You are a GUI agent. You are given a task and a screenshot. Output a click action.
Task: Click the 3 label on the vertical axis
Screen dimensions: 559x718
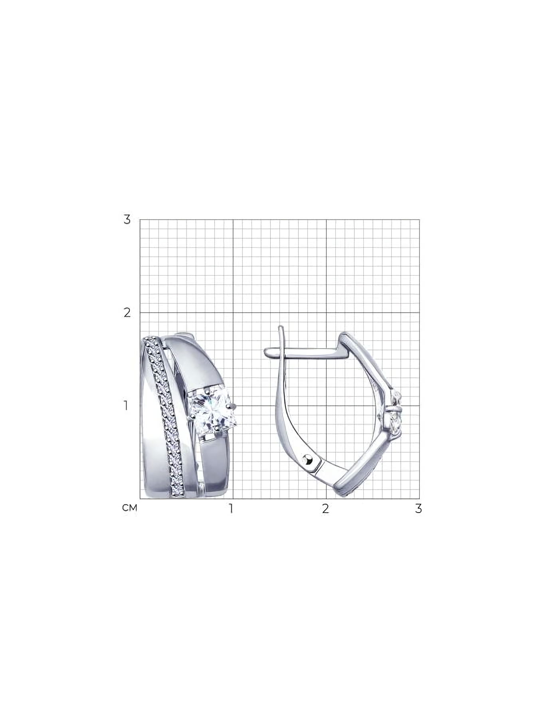(x=127, y=219)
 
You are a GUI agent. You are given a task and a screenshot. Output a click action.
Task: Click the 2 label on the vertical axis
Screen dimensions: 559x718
(x=127, y=312)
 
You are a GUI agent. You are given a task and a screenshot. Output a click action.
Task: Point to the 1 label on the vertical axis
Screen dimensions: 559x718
(x=126, y=406)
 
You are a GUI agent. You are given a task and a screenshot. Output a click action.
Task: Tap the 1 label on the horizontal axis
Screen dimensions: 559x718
(x=230, y=509)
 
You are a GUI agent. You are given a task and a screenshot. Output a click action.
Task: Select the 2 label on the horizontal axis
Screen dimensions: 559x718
(x=326, y=509)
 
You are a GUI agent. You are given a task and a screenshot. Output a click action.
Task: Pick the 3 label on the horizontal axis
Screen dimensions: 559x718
(x=418, y=509)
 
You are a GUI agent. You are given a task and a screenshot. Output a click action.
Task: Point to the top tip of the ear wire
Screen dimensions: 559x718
(x=280, y=326)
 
